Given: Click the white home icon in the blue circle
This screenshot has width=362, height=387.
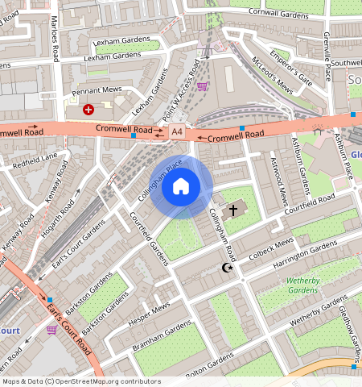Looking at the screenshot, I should tap(181, 187).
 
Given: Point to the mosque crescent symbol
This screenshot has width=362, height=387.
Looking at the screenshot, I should tap(227, 267).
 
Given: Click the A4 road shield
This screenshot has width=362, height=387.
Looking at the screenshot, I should tap(177, 131).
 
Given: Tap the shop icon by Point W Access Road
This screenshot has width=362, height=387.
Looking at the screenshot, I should tap(202, 86).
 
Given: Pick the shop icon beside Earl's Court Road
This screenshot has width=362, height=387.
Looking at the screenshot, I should tap(52, 329).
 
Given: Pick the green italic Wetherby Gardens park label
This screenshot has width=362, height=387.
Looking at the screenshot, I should tap(303, 285).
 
